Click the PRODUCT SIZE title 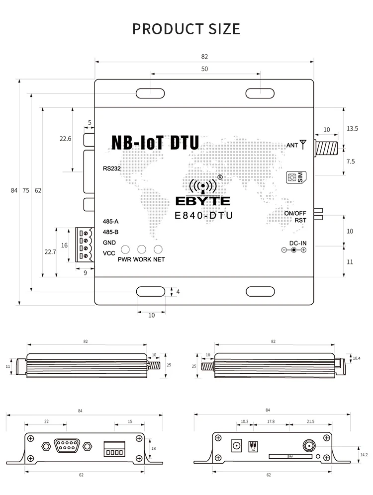point(186,29)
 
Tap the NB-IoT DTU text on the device point(155,143)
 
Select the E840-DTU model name point(204,215)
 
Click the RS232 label point(112,168)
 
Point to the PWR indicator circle point(126,249)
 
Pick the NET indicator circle point(158,249)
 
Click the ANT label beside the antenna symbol point(292,145)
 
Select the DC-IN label point(297,243)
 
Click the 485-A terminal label point(110,222)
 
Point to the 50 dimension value point(204,69)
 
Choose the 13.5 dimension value point(352,129)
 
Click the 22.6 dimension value point(66,139)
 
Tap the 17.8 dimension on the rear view point(271,421)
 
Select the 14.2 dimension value point(364,454)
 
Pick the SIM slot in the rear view point(290,456)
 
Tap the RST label point(300,220)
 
